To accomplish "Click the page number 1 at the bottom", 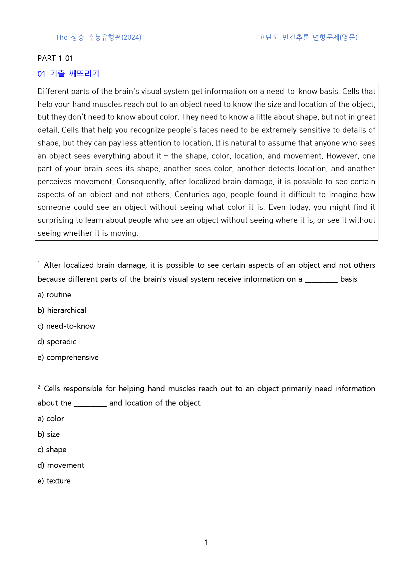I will (x=206, y=542).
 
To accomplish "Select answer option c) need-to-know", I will (x=66, y=326).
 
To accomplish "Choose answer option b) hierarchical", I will (x=62, y=310).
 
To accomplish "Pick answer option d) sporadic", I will (x=57, y=342).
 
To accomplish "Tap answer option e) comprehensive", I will (x=68, y=357).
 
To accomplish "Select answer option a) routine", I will (x=54, y=295).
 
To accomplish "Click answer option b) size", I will (x=49, y=434).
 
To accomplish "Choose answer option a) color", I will (x=51, y=419).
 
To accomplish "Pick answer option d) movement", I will (x=61, y=465).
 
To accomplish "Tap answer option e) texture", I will (x=54, y=481).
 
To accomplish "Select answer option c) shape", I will (x=52, y=449).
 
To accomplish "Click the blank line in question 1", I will (x=321, y=281).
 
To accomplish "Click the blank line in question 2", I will (x=90, y=405).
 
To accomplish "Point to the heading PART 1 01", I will (x=55, y=58).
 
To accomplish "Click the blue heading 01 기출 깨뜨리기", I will (x=68, y=74).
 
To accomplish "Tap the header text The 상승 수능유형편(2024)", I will (x=98, y=37).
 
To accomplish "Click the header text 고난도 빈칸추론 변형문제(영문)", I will (x=308, y=37).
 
